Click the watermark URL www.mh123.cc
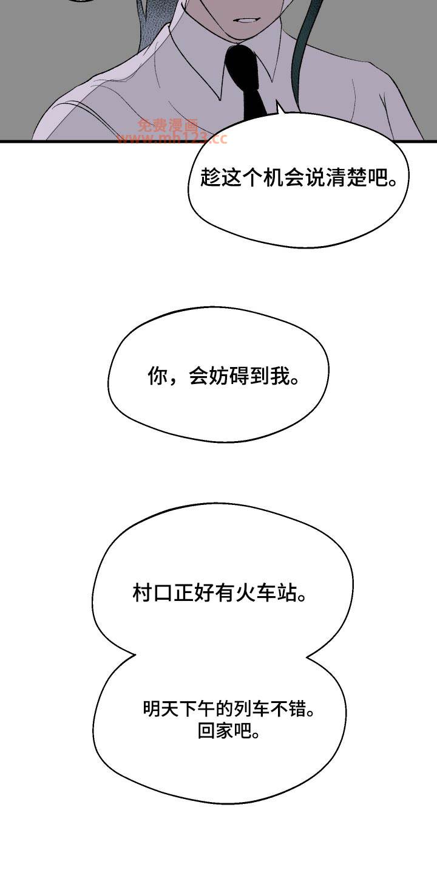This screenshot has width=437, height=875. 172,138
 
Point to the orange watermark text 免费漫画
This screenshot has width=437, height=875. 168,125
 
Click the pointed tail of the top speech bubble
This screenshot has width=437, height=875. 278,103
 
